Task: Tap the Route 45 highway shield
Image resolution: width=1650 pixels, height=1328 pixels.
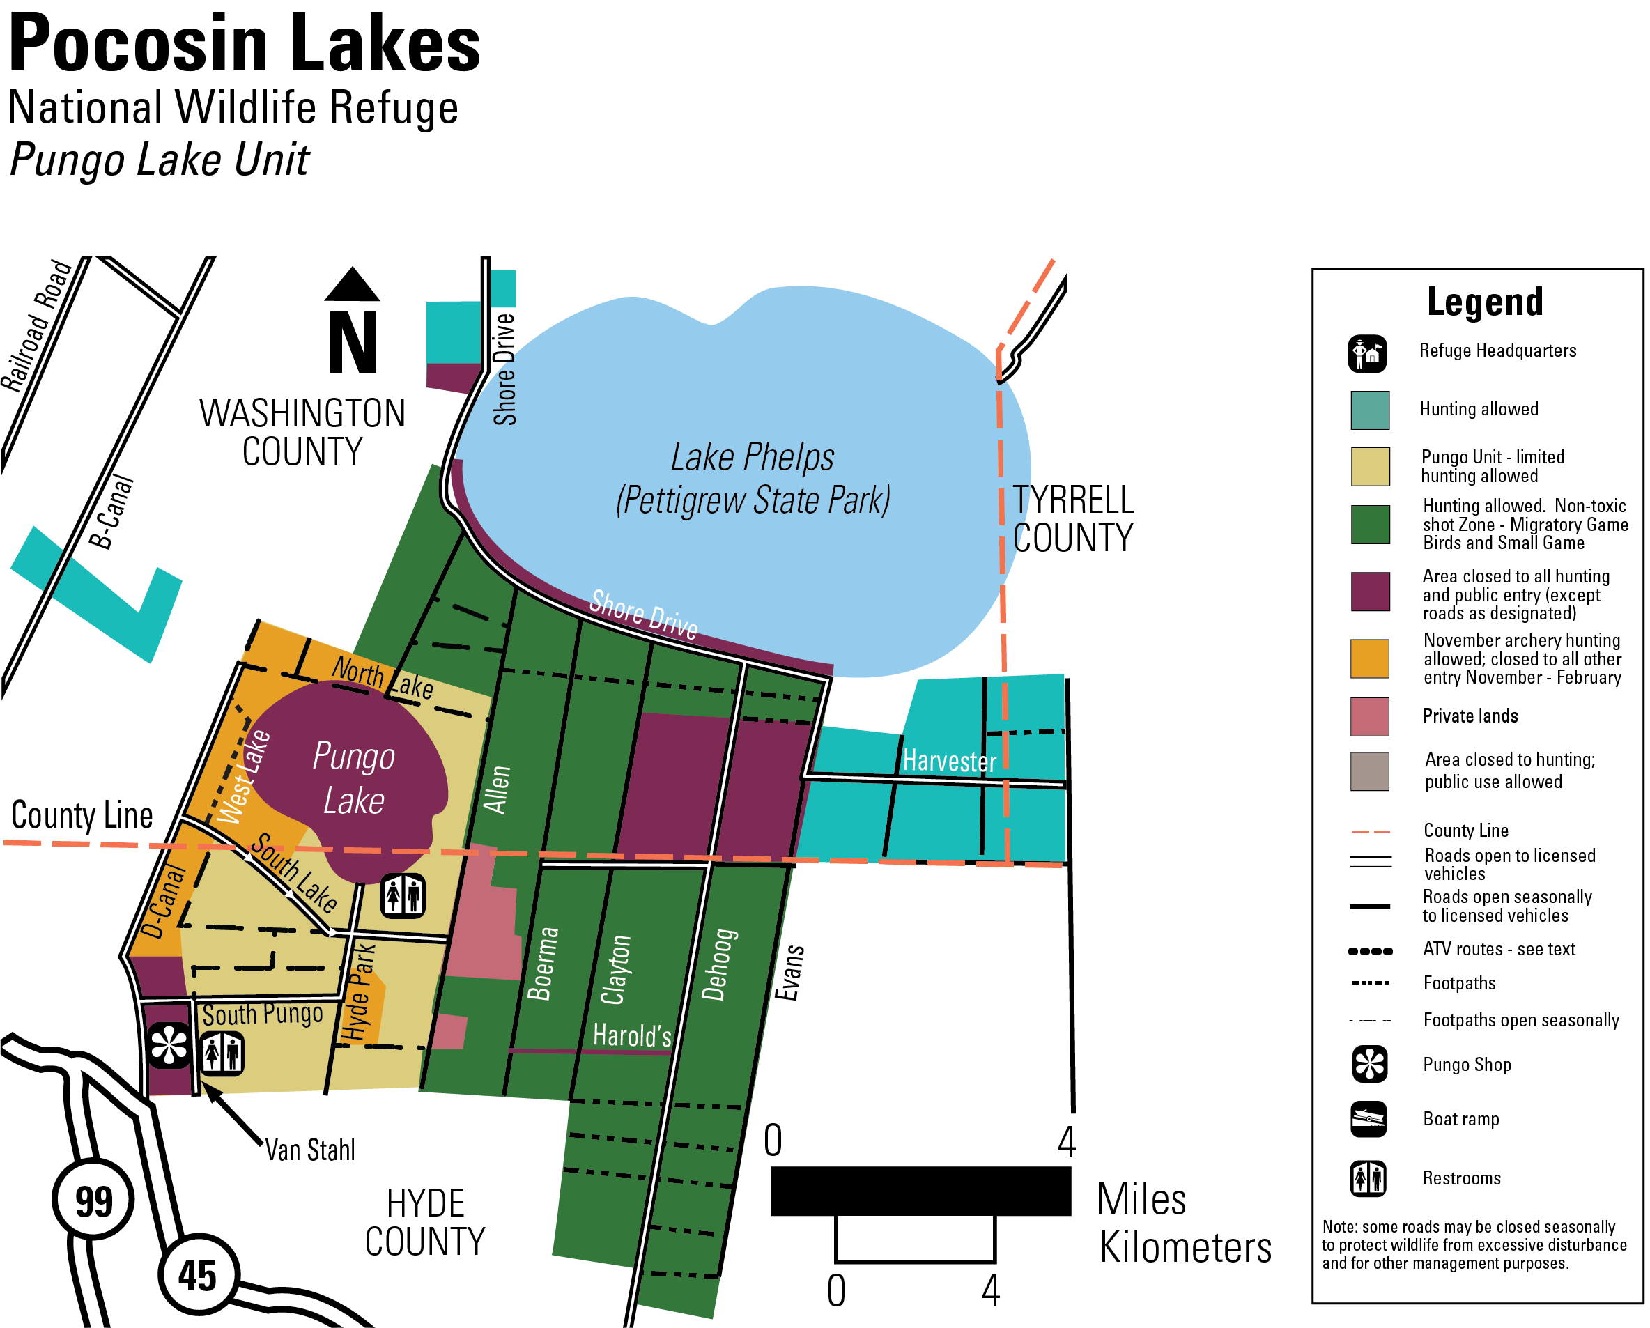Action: pos(198,1274)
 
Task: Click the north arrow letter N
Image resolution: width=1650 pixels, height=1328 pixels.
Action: pos(353,342)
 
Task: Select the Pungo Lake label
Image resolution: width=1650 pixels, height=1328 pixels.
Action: pos(353,778)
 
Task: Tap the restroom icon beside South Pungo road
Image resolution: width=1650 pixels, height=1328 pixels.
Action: pos(222,1053)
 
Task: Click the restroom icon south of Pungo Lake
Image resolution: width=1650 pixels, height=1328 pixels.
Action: pos(403,895)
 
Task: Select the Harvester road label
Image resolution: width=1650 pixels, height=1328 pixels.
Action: pos(949,761)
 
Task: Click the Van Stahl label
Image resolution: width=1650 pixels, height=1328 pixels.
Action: pos(310,1150)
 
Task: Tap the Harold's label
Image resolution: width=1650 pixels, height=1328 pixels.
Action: pos(632,1035)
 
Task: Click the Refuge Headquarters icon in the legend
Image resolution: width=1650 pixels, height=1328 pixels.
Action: pos(1367,354)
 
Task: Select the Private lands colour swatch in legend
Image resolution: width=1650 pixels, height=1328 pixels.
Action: pos(1369,716)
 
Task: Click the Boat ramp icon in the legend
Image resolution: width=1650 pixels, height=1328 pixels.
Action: pos(1368,1119)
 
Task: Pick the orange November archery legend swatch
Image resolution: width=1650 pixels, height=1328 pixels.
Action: pos(1369,658)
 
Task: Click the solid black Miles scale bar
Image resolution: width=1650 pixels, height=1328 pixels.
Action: pos(920,1191)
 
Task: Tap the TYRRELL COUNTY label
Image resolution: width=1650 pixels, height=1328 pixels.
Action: pos(1072,519)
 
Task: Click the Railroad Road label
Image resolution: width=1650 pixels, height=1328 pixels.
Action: pos(36,326)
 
